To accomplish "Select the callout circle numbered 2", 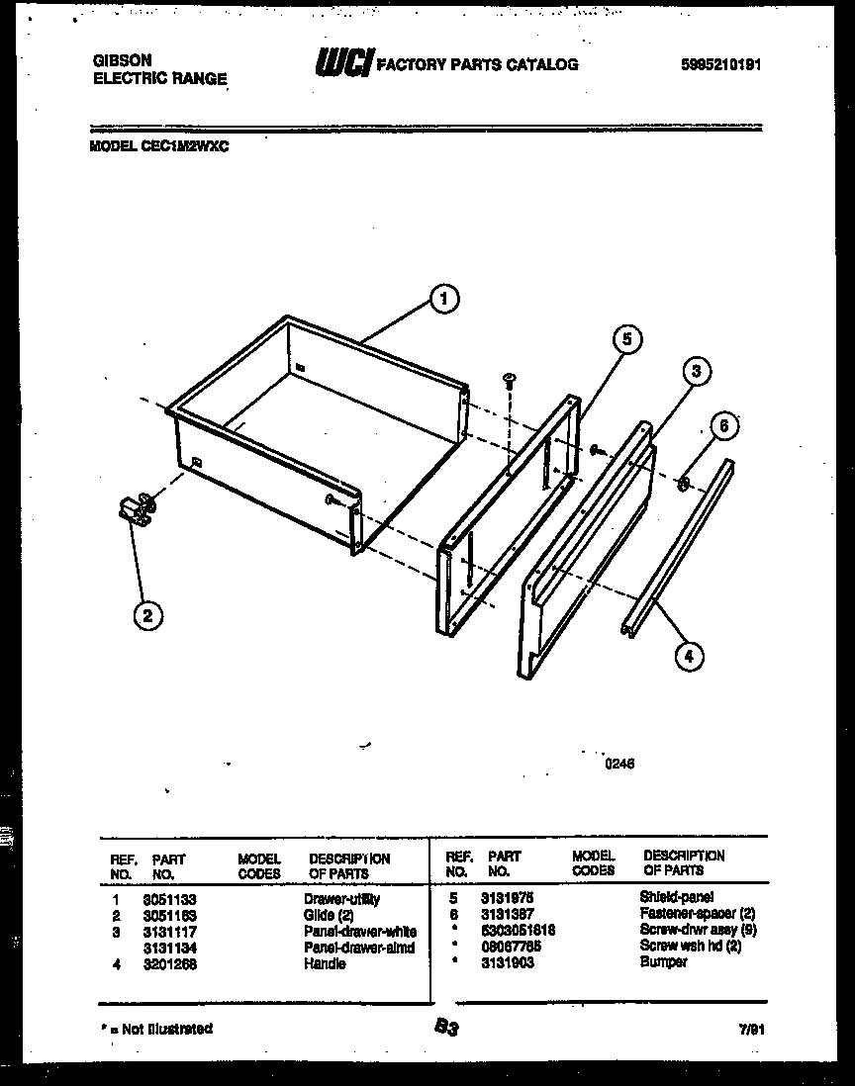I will tap(146, 616).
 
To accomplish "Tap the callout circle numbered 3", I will tap(696, 372).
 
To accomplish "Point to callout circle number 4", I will tap(689, 654).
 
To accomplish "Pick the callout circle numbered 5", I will tap(625, 340).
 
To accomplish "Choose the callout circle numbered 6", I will tap(724, 426).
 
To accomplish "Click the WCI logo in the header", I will tap(342, 64).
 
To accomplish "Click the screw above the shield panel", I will tap(511, 379).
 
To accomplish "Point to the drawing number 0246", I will tap(619, 763).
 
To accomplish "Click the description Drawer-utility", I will tap(341, 899).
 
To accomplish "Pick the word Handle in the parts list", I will tap(325, 963).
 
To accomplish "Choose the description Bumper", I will tap(663, 962).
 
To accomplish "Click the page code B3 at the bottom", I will tap(445, 1029).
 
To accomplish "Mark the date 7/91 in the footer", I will tap(752, 1030).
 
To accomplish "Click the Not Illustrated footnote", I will tap(156, 1029).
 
